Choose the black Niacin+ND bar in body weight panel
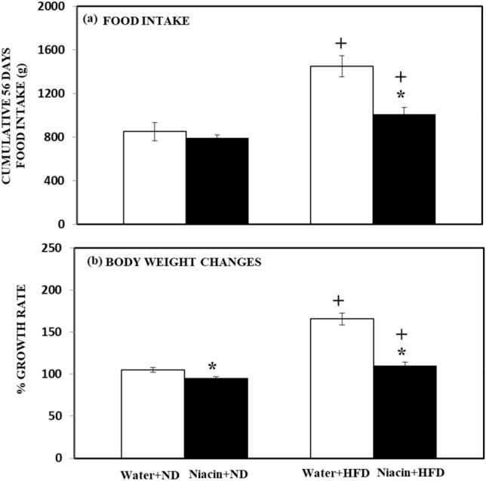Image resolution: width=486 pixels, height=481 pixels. (x=217, y=418)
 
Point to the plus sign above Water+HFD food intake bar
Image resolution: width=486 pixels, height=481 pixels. (x=340, y=43)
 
